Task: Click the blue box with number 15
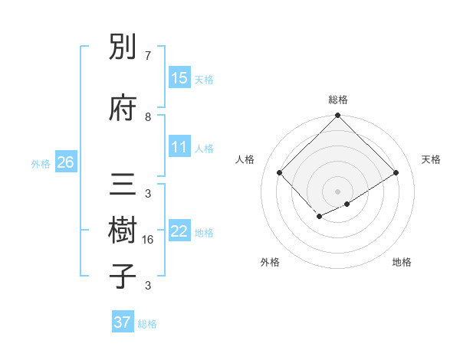pos(179,78)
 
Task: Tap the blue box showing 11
pos(179,147)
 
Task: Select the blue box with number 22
pos(179,231)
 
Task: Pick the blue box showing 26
pos(66,162)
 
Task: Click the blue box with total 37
pos(123,322)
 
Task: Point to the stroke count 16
pos(148,239)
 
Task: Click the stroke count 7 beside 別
pos(148,56)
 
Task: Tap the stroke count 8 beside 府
pos(148,116)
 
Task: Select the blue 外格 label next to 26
pos(41,163)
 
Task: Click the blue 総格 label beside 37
pos(147,324)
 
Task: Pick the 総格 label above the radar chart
pos(338,100)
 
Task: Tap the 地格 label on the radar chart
pos(402,262)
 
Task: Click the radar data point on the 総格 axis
pos(337,116)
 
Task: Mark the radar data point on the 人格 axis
pos(280,172)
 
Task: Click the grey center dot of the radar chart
pos(337,191)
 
